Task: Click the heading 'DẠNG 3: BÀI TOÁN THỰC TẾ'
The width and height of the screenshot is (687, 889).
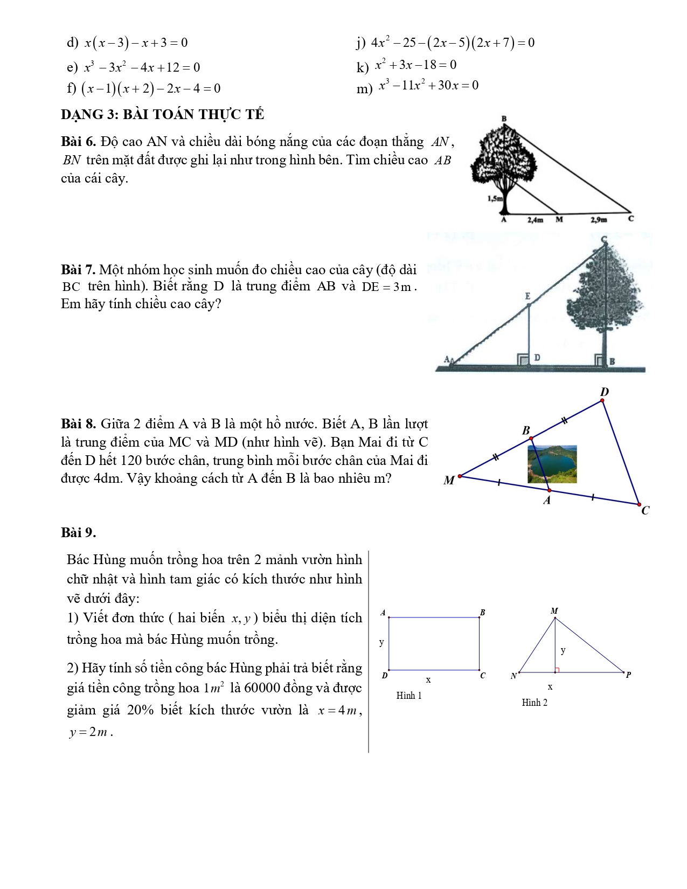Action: [162, 115]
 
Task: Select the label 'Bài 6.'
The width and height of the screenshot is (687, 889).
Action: [78, 142]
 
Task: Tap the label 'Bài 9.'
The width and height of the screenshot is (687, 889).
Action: [78, 533]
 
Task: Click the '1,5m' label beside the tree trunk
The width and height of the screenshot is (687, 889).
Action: [495, 198]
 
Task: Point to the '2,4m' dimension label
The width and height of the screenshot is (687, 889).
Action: [535, 220]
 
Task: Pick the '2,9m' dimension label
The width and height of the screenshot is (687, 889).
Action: [599, 220]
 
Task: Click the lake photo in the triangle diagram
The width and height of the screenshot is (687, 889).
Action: [552, 463]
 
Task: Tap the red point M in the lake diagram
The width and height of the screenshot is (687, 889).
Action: [460, 476]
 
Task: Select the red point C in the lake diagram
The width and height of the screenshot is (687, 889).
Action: [640, 505]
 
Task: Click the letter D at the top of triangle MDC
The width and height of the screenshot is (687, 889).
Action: [604, 392]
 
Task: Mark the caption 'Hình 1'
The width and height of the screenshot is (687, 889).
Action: [409, 696]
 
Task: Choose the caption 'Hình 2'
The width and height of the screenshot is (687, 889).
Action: [535, 703]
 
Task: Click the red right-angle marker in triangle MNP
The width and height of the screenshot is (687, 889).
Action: [557, 670]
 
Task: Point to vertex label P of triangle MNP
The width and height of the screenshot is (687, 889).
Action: [628, 675]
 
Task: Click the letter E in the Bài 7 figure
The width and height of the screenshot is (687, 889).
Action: [528, 296]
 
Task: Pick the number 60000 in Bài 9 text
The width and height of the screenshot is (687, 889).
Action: [269, 688]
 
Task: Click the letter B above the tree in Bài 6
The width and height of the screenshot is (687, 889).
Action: [504, 119]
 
